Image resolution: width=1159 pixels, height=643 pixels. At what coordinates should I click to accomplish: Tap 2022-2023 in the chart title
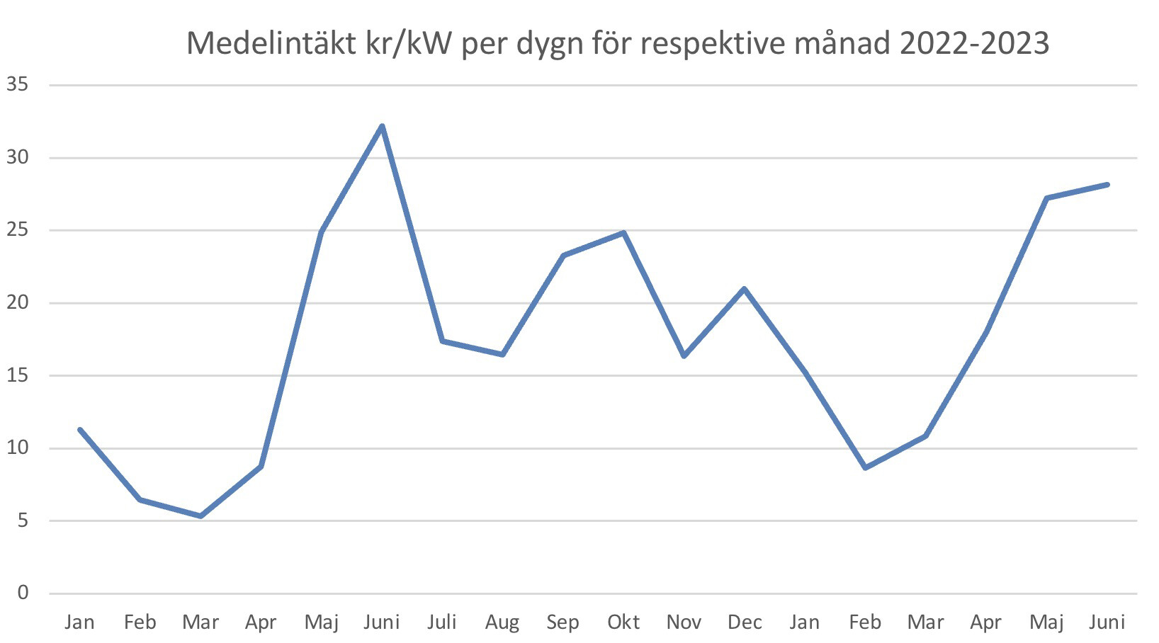pyautogui.click(x=974, y=44)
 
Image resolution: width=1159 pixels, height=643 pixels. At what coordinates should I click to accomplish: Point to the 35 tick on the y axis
pyautogui.click(x=17, y=85)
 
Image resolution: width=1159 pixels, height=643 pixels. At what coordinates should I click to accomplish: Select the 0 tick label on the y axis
pyautogui.click(x=23, y=593)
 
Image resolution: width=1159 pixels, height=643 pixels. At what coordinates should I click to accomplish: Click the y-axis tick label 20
pyautogui.click(x=17, y=302)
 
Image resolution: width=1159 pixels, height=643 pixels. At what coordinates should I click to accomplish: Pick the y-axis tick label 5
pyautogui.click(x=23, y=520)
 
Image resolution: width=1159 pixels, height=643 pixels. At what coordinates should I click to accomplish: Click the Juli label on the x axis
pyautogui.click(x=442, y=622)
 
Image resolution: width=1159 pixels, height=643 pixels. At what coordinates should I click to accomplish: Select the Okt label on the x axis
pyautogui.click(x=623, y=622)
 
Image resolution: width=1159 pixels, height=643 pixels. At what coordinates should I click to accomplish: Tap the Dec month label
pyautogui.click(x=745, y=622)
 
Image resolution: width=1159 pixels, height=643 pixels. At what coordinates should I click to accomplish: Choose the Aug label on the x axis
pyautogui.click(x=502, y=622)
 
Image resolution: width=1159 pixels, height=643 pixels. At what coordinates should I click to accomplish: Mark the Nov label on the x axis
pyautogui.click(x=684, y=622)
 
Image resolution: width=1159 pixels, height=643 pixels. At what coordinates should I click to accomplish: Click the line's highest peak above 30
pyautogui.click(x=382, y=127)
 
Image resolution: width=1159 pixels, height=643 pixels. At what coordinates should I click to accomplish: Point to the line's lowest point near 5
pyautogui.click(x=200, y=516)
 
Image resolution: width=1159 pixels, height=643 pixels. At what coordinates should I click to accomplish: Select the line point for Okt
pyautogui.click(x=623, y=232)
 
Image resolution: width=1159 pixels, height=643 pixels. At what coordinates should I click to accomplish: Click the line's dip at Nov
pyautogui.click(x=684, y=356)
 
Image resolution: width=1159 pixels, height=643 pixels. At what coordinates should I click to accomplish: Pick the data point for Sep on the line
pyautogui.click(x=563, y=255)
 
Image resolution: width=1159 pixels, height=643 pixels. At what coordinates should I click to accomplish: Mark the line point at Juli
pyautogui.click(x=442, y=341)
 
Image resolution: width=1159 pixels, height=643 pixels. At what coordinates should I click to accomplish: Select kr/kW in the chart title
pyautogui.click(x=409, y=44)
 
